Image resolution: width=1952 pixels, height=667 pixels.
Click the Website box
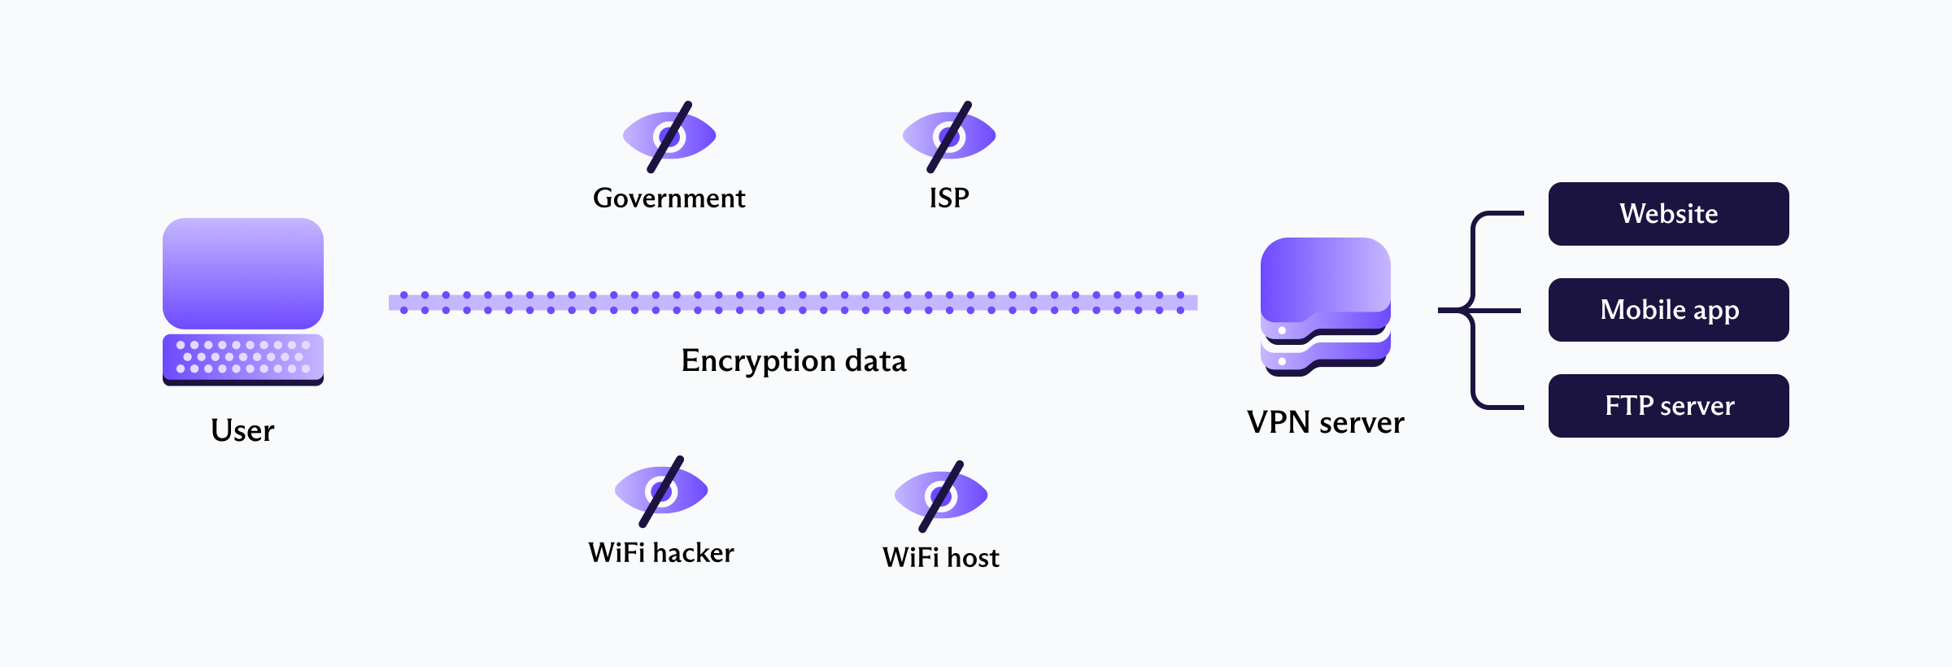pyautogui.click(x=1668, y=214)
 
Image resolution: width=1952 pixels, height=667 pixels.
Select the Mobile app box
pyautogui.click(x=1668, y=310)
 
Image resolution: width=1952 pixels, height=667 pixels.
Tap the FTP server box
pyautogui.click(x=1668, y=406)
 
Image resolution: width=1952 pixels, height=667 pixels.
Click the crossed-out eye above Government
pyautogui.click(x=669, y=136)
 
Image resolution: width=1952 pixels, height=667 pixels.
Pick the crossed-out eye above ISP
pyautogui.click(x=949, y=136)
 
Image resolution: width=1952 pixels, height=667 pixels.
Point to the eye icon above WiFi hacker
pyautogui.click(x=661, y=490)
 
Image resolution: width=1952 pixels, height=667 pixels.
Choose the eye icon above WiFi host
pyautogui.click(x=941, y=495)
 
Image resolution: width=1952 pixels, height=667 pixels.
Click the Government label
pyautogui.click(x=669, y=198)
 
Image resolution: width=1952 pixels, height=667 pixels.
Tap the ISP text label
pyautogui.click(x=949, y=198)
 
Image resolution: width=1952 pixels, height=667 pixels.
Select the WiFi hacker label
pyautogui.click(x=661, y=553)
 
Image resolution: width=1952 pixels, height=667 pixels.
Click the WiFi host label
pyautogui.click(x=941, y=558)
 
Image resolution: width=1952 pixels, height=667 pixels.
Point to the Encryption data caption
pyautogui.click(x=793, y=360)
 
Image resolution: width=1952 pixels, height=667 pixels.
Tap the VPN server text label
pyautogui.click(x=1325, y=423)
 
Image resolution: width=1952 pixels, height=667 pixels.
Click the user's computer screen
pyautogui.click(x=243, y=272)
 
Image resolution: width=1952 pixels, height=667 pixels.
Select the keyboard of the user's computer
pyautogui.click(x=243, y=357)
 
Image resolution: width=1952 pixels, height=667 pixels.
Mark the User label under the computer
pyautogui.click(x=242, y=430)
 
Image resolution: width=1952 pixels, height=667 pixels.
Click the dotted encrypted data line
pyautogui.click(x=793, y=303)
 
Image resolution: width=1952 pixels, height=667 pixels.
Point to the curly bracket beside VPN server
pyautogui.click(x=1474, y=310)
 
